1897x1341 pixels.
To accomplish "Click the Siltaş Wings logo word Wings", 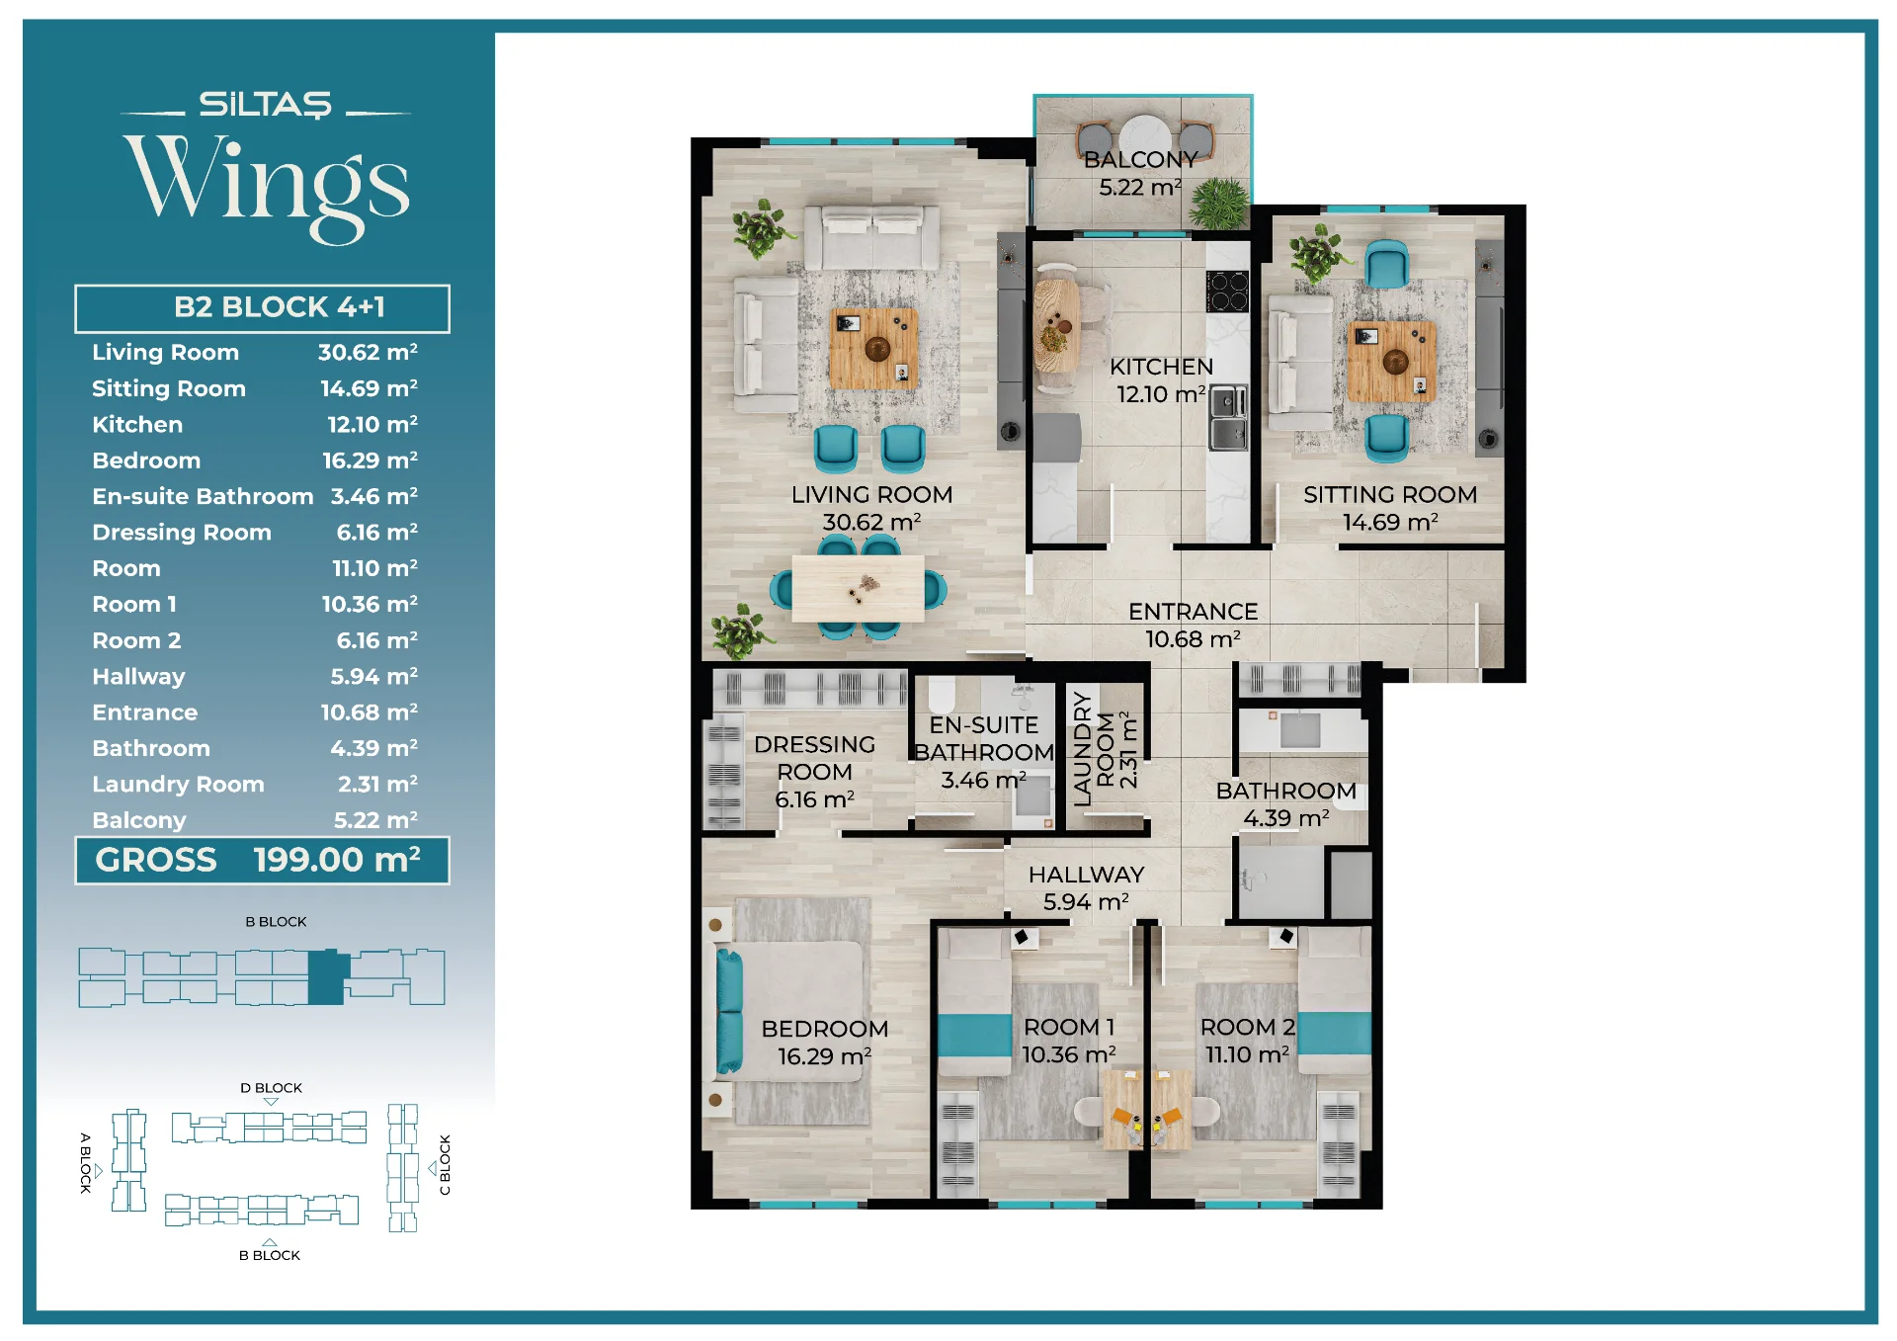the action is coord(266,186).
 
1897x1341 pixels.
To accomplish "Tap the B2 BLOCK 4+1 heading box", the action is coord(262,308).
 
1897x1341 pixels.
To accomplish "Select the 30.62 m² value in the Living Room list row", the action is coord(368,353).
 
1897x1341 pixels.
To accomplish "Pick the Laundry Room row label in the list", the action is coord(178,785).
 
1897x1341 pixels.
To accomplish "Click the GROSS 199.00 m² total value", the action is coord(337,860).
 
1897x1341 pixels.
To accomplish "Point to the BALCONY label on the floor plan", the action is coord(1140,160).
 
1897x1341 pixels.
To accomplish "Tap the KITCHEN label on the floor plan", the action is coord(1161,367).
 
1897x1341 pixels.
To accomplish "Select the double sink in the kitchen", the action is coord(1227,418).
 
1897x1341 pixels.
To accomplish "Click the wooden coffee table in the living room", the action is coord(873,348).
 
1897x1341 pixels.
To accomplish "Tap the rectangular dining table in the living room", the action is coord(858,589).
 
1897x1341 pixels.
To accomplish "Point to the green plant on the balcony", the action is coord(1219,204).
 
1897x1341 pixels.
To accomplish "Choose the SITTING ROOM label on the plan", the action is coord(1390,495).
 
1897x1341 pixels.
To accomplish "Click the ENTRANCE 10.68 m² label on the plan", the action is coord(1194,626).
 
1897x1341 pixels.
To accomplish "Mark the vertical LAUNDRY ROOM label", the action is coord(1105,749).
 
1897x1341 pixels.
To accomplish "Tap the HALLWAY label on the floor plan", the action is coord(1086,875).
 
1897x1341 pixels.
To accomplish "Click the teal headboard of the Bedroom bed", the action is coord(728,1011).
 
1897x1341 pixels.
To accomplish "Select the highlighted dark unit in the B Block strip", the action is coord(327,977).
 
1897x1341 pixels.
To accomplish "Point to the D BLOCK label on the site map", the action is coord(271,1088).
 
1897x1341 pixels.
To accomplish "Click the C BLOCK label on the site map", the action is coord(445,1165).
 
